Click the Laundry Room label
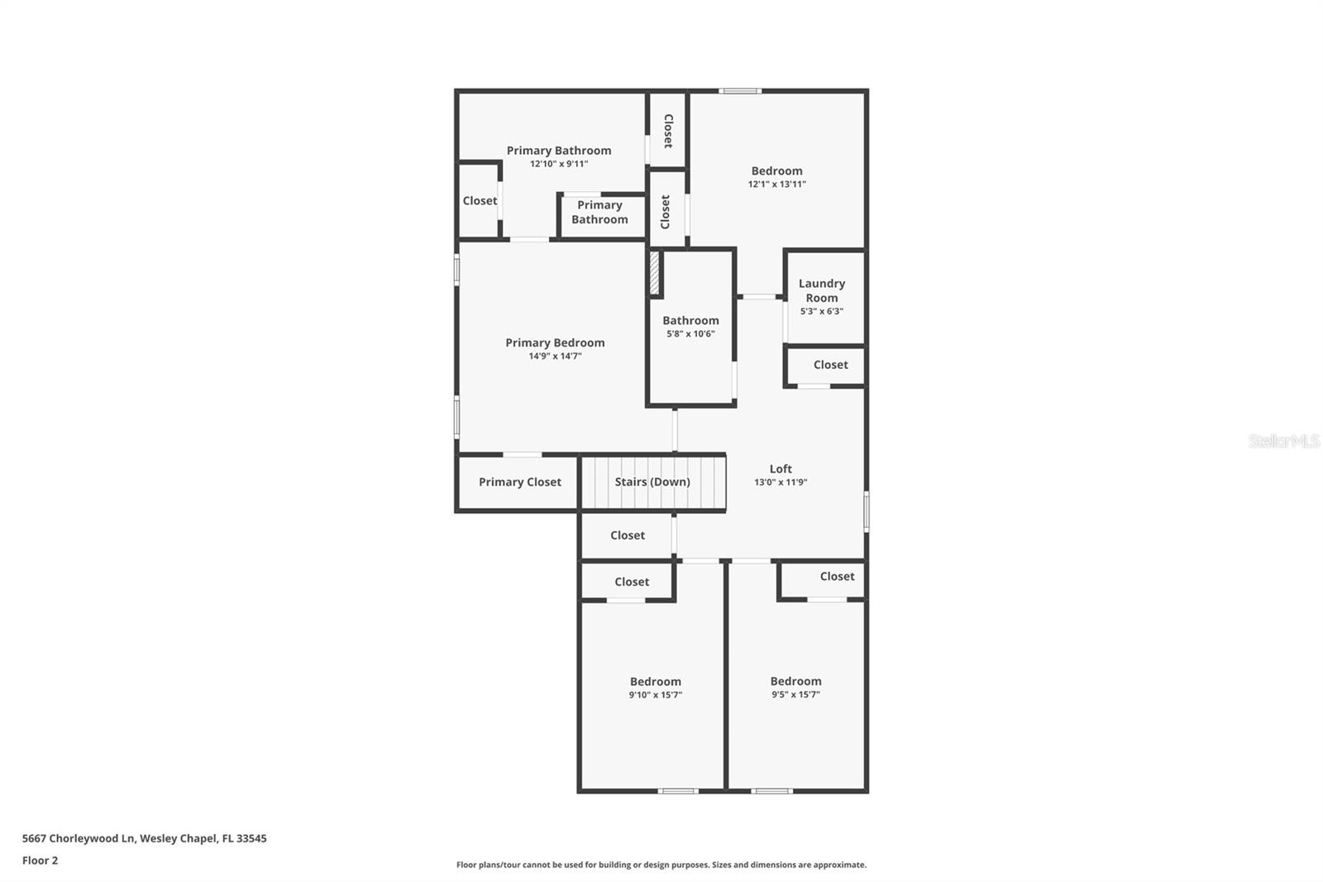(x=821, y=290)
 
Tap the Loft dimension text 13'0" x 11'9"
(x=781, y=482)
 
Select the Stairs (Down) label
(x=652, y=482)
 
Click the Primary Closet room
(x=519, y=482)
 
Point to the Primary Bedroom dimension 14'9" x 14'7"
(x=555, y=357)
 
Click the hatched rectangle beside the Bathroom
(x=654, y=273)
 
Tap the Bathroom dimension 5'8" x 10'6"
(x=690, y=334)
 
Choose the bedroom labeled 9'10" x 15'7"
(x=655, y=688)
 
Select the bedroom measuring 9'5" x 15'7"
(x=795, y=688)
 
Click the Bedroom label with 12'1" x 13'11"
(x=776, y=171)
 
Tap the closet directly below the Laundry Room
(x=829, y=365)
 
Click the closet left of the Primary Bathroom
(x=480, y=201)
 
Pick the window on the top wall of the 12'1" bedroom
(x=740, y=91)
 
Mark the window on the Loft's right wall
(x=866, y=511)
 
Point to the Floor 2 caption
(x=40, y=860)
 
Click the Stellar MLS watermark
(x=1283, y=441)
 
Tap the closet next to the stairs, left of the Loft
(x=627, y=535)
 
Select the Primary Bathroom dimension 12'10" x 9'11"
(x=559, y=164)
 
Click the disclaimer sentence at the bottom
(x=661, y=865)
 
